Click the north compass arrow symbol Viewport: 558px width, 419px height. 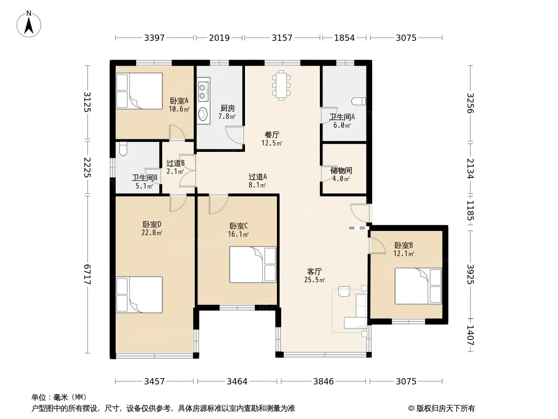(x=29, y=24)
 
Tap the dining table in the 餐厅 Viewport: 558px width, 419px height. (x=281, y=85)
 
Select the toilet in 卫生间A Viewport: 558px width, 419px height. (x=359, y=102)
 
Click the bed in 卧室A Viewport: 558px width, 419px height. (x=139, y=91)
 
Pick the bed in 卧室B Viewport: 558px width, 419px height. (x=418, y=286)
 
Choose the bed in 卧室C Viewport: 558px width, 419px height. (x=253, y=264)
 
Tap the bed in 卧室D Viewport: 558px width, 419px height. (x=139, y=295)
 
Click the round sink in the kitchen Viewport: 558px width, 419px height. (x=203, y=114)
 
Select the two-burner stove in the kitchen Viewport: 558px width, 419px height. (x=203, y=91)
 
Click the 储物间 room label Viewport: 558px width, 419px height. (x=341, y=171)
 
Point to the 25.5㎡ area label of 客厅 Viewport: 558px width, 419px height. (x=315, y=280)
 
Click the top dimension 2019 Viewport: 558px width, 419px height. (x=219, y=37)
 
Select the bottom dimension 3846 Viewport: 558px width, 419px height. (x=323, y=381)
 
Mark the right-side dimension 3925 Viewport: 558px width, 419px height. (x=471, y=274)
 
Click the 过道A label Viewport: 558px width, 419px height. (x=258, y=177)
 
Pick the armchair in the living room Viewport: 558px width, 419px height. (x=344, y=292)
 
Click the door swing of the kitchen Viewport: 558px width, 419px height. (x=235, y=135)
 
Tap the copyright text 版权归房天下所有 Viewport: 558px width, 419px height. (x=445, y=409)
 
